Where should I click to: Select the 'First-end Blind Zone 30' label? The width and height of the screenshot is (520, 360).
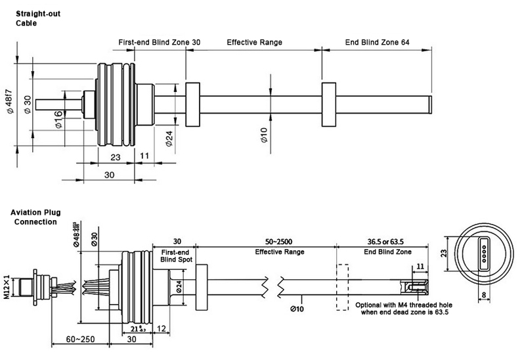[160, 42]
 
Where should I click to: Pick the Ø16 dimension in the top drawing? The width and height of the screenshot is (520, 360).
[58, 119]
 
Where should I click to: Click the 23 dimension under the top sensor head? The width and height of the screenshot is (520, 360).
[115, 157]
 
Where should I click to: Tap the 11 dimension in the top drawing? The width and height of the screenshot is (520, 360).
[144, 157]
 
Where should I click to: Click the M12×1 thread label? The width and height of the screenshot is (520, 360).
[9, 285]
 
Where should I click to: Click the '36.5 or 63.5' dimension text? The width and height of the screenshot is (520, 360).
[381, 241]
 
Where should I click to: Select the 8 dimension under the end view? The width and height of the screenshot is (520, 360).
[484, 296]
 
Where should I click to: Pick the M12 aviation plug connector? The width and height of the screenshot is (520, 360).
[37, 285]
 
